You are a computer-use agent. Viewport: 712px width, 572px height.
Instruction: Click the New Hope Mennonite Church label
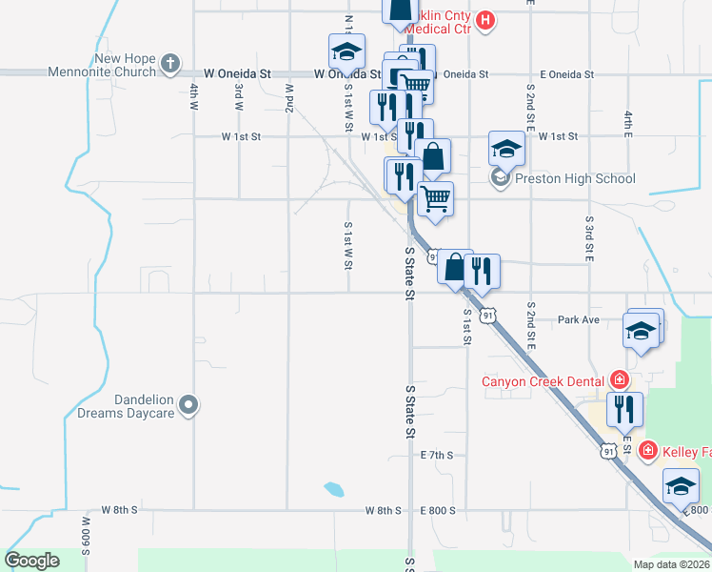pyautogui.click(x=124, y=65)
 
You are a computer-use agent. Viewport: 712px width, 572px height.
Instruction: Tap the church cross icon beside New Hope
pyautogui.click(x=169, y=65)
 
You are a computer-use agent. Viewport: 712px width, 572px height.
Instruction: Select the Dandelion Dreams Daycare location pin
pyautogui.click(x=188, y=406)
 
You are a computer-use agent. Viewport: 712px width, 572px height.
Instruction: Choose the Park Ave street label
pyautogui.click(x=579, y=319)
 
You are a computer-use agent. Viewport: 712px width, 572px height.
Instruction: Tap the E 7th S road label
pyautogui.click(x=437, y=456)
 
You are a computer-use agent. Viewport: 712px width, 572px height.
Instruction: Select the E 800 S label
pyautogui.click(x=438, y=510)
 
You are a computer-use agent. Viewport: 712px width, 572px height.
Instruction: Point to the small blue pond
pyautogui.click(x=333, y=489)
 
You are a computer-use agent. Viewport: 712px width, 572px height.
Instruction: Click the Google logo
pyautogui.click(x=32, y=561)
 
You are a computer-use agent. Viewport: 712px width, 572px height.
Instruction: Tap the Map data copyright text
pyautogui.click(x=671, y=564)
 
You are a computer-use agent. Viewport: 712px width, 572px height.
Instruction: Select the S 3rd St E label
pyautogui.click(x=589, y=239)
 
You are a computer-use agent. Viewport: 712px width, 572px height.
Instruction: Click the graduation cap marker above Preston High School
pyautogui.click(x=506, y=149)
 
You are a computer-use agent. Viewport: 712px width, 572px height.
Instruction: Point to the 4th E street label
pyautogui.click(x=628, y=121)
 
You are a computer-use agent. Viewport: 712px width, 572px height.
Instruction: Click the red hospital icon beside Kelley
pyautogui.click(x=648, y=450)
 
